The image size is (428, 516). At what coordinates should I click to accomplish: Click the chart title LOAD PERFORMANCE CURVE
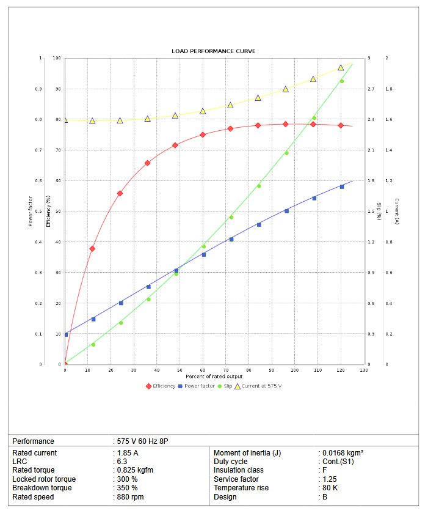coord(214,51)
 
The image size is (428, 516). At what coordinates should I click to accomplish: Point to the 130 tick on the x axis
coord(363,370)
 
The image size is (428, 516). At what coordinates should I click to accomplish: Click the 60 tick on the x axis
coord(203,370)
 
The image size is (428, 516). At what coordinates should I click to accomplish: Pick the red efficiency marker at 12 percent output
coord(92,249)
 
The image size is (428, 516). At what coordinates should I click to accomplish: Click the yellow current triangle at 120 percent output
coord(341,67)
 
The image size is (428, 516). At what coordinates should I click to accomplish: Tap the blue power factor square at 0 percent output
coord(65,334)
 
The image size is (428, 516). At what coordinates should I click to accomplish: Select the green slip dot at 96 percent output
coord(286,153)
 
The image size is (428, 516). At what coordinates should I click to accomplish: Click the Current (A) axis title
coord(396,211)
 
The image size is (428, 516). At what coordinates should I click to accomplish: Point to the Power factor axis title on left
coord(31,211)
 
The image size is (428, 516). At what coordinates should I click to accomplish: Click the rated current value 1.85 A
coord(128,453)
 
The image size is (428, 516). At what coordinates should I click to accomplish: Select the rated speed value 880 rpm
coord(131,497)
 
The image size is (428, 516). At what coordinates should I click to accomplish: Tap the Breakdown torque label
coord(42,488)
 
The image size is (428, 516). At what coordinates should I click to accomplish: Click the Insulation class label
coord(239,470)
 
